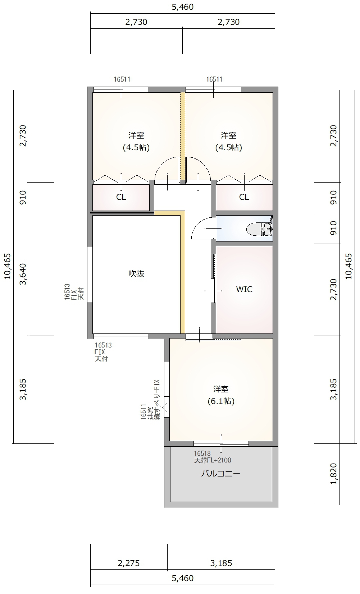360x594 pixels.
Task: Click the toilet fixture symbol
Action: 260,229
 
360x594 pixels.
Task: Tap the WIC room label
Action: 244,289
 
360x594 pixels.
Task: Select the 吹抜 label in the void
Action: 136,273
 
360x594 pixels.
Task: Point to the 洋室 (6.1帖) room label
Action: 221,395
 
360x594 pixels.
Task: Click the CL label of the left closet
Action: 121,197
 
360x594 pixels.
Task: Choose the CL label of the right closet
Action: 244,197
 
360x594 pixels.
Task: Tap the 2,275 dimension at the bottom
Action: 129,563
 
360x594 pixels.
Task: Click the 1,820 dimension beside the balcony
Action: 333,474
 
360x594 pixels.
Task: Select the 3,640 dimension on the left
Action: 23,274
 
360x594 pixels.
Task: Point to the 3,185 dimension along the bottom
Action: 221,563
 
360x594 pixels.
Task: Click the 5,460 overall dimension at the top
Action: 183,7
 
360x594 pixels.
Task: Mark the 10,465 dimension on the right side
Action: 348,266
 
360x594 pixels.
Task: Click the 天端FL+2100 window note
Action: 213,460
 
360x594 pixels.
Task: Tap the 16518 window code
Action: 202,453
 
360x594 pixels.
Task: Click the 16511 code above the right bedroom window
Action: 214,79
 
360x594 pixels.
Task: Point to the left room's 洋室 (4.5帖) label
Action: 136,141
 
